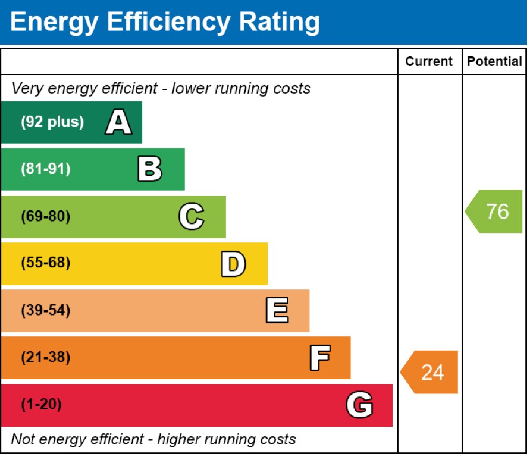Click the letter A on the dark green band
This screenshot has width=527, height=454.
pyautogui.click(x=119, y=122)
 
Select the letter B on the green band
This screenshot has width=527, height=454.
pyautogui.click(x=149, y=169)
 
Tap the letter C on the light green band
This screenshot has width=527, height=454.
pyautogui.click(x=191, y=217)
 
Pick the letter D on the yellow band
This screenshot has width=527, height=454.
pyautogui.click(x=233, y=264)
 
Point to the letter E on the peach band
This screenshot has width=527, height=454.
pyautogui.click(x=277, y=311)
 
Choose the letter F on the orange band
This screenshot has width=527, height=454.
pyautogui.click(x=319, y=358)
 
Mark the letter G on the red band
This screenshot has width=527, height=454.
pyautogui.click(x=359, y=405)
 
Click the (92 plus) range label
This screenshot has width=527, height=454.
pyautogui.click(x=52, y=122)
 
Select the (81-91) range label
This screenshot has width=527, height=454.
pyautogui.click(x=45, y=169)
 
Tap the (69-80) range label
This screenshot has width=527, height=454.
pyautogui.click(x=45, y=217)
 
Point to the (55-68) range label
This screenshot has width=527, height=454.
pyautogui.click(x=45, y=264)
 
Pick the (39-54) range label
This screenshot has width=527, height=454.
pyautogui.click(x=45, y=311)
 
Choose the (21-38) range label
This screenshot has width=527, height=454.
pyautogui.click(x=45, y=358)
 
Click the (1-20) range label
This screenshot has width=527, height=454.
pyautogui.click(x=41, y=405)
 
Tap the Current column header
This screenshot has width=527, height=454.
pyautogui.click(x=429, y=62)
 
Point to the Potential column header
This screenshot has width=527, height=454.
pyautogui.click(x=494, y=62)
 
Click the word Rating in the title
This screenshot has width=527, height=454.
pyautogui.click(x=279, y=23)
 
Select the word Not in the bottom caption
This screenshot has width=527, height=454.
pyautogui.click(x=23, y=440)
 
